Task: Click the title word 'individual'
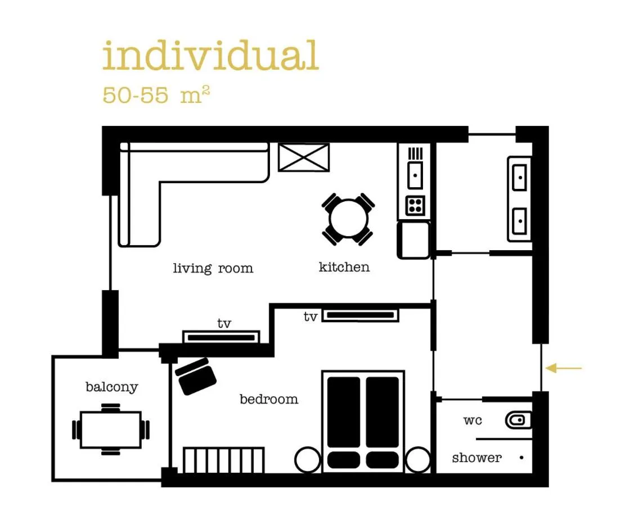[210, 56]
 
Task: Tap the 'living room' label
[213, 268]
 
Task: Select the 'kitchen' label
[344, 266]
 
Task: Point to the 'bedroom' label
[268, 400]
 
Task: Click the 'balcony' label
[111, 387]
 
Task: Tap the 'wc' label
[473, 420]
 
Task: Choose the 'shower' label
[476, 458]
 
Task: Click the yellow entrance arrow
[564, 368]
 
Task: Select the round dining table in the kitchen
[349, 218]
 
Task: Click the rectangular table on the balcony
[111, 429]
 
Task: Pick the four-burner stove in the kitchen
[415, 205]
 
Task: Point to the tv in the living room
[221, 337]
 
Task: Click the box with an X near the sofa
[304, 157]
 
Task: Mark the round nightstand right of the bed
[417, 459]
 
